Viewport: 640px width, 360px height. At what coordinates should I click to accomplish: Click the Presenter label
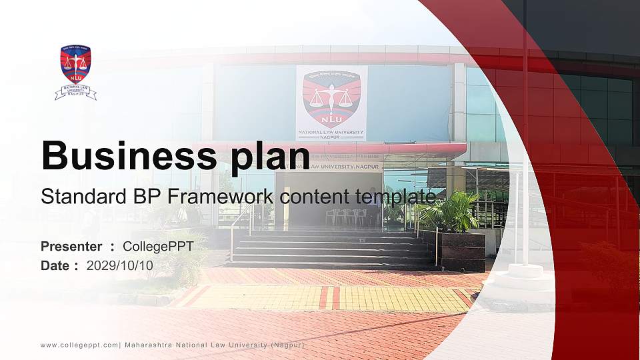[x=71, y=247]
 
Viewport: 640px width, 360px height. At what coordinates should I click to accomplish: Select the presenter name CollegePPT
[x=158, y=247]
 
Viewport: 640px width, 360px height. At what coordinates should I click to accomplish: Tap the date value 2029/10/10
[x=120, y=265]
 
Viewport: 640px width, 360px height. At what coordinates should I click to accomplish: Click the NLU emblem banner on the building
[x=331, y=102]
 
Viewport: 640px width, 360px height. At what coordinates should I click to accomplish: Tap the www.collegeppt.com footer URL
[x=79, y=345]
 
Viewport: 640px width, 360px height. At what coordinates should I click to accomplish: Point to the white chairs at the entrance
[x=345, y=216]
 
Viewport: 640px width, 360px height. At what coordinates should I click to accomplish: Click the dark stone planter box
[x=461, y=250]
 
